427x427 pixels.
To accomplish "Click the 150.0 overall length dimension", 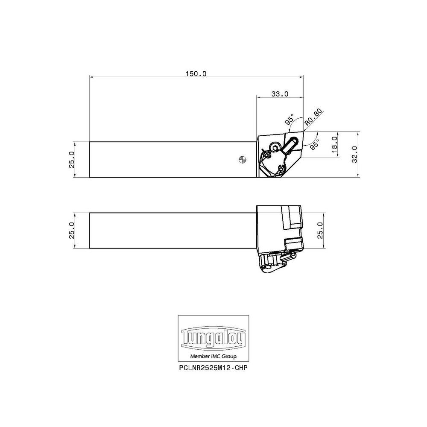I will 196,73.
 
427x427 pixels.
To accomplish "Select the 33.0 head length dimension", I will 280,94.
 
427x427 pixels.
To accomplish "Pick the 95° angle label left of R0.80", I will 290,120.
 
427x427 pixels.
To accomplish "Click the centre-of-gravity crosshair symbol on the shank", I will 242,159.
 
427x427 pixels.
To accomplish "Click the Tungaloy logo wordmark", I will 213,339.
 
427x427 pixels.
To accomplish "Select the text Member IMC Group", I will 213,357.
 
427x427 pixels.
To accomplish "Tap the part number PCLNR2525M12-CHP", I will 213,368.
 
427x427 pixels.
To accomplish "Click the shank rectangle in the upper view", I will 171,159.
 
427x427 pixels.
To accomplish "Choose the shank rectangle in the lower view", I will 171,230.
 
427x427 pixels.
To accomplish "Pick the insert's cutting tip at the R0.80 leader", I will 303,132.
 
